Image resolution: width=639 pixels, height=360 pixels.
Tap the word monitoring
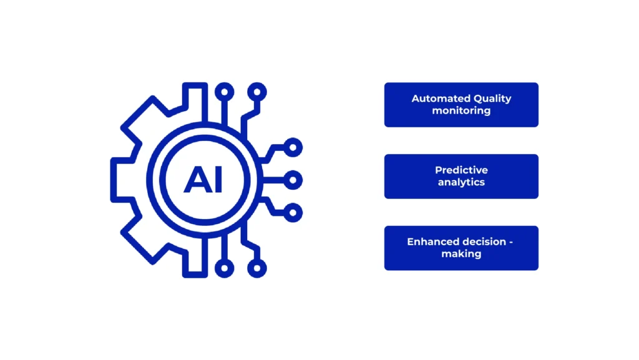point(461,111)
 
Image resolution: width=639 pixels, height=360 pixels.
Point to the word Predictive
point(461,170)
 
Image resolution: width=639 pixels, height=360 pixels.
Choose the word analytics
point(461,182)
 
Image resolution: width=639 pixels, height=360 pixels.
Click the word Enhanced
point(431,242)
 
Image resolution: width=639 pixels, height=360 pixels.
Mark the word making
point(461,254)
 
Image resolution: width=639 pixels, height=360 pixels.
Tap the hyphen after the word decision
point(511,243)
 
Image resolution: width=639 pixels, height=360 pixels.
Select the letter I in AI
point(218,180)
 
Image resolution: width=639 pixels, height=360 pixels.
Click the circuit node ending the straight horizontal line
point(293,180)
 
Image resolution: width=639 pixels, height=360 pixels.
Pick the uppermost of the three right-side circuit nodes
point(293,147)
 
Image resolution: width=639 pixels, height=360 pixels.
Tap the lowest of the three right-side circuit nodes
point(293,213)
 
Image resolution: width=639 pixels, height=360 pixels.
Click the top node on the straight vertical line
point(225,92)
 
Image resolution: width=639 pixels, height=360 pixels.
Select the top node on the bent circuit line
point(257,92)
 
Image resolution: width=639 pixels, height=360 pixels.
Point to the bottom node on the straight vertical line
point(225,268)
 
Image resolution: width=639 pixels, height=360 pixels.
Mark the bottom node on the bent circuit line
point(257,268)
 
